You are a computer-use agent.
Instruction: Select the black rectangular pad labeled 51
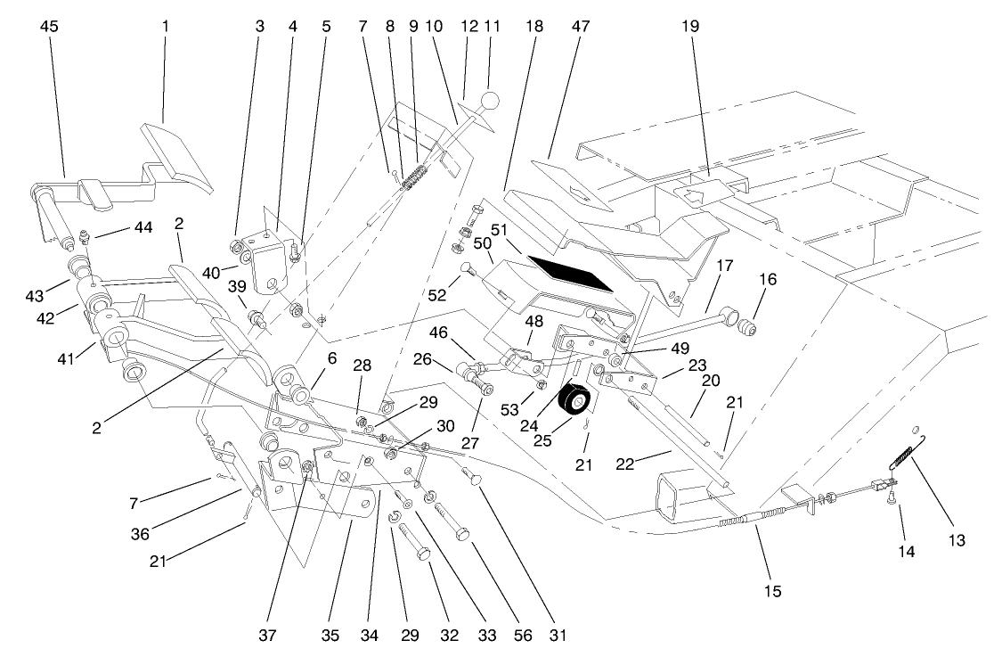point(570,274)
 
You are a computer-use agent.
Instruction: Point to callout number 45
point(49,26)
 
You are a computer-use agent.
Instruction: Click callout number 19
point(689,26)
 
